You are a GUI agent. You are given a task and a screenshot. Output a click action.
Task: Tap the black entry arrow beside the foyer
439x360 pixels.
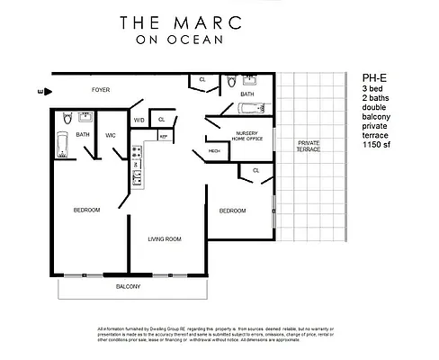(41, 91)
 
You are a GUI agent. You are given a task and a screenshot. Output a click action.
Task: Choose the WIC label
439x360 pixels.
(110, 136)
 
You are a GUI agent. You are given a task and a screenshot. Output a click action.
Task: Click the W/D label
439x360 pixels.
(139, 120)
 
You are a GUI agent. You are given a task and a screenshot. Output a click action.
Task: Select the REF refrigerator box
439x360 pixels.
(164, 136)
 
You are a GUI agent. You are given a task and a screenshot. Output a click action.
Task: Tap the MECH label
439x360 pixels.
(214, 151)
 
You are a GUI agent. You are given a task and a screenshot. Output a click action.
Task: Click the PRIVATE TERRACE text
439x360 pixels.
(309, 147)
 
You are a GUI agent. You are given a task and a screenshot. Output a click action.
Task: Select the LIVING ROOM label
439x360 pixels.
(166, 238)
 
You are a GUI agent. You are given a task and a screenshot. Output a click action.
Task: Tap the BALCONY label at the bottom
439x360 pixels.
(128, 286)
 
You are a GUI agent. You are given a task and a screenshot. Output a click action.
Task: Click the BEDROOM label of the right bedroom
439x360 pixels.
(233, 211)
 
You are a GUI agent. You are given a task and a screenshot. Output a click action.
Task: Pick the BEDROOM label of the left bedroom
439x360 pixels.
(86, 210)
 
